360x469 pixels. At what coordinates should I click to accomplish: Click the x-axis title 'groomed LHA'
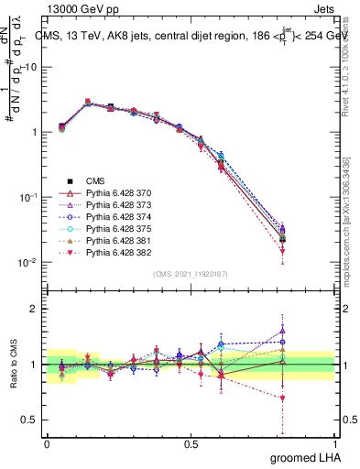[307, 457]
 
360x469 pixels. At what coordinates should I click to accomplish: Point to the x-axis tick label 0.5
[191, 444]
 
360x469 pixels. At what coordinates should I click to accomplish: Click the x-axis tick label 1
[334, 444]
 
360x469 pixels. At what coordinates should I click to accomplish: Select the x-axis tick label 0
[47, 444]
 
